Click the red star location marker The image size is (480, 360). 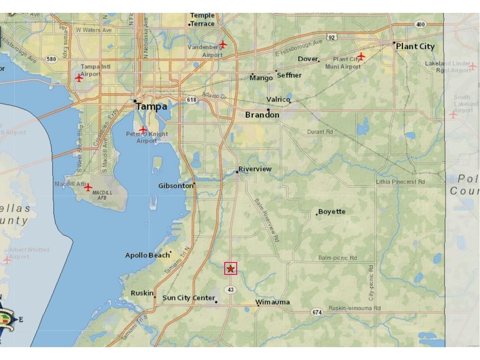230,269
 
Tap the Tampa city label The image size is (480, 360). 152,106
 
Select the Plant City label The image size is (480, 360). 415,47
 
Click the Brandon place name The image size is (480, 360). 262,115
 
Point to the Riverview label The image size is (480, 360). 255,169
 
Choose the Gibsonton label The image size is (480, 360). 176,186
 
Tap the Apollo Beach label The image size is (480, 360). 148,255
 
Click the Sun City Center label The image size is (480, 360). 189,298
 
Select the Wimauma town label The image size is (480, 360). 273,302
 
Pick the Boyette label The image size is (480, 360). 332,211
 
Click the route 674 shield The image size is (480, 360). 316,312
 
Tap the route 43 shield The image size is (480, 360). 230,290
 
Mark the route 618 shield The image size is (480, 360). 191,100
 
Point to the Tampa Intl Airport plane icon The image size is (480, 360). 79,78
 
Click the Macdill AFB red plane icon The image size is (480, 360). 88,188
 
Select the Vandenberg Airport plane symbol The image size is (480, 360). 223,44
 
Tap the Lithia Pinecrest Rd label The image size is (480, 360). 400,182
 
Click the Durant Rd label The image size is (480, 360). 320,132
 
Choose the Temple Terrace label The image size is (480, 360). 203,20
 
